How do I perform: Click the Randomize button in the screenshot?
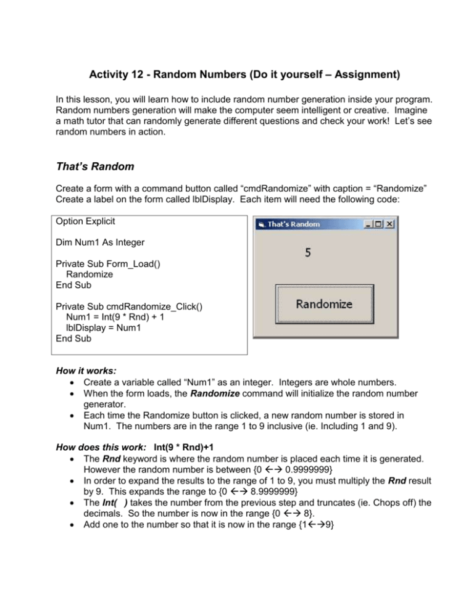coord(325,304)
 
